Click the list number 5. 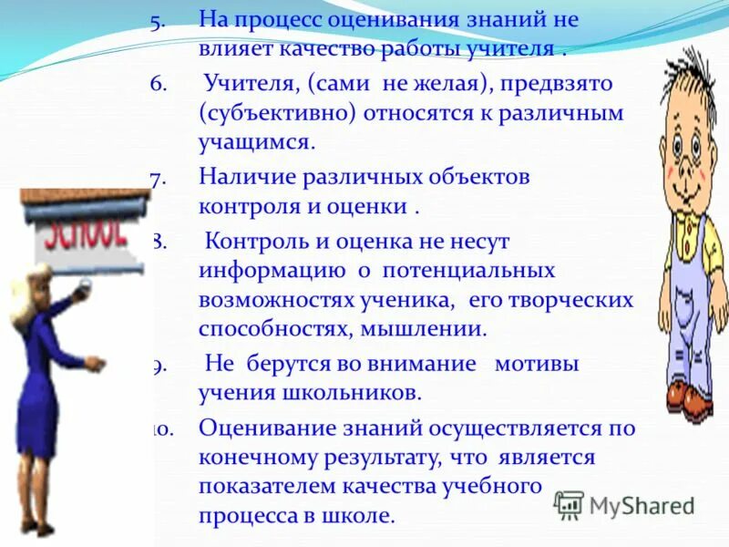(157, 19)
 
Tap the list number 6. (157, 84)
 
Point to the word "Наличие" (245, 177)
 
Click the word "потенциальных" (468, 271)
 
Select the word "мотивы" (538, 364)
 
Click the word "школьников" (354, 393)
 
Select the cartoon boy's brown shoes (688, 397)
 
